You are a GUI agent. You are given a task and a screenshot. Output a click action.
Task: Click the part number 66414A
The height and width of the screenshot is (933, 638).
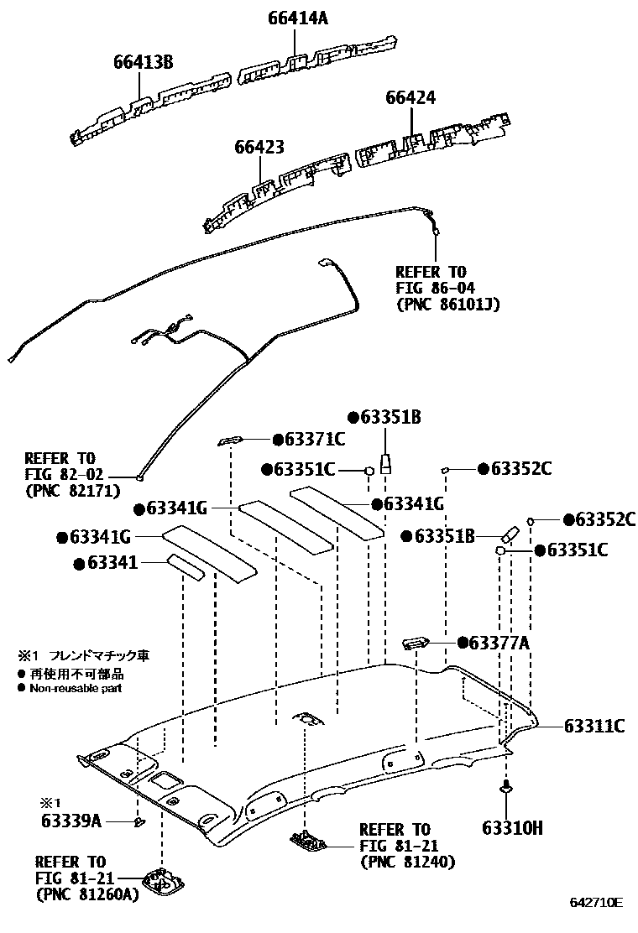(298, 18)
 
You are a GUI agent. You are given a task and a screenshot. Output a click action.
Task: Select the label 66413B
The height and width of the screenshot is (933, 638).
(144, 61)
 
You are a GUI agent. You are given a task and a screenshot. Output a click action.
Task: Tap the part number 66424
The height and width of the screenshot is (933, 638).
(411, 97)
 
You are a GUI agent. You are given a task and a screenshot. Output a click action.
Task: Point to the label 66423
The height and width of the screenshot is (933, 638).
(259, 147)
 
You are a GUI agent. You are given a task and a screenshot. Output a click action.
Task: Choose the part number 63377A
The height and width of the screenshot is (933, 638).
(499, 643)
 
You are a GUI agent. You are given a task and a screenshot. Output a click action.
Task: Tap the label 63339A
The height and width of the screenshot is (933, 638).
(71, 821)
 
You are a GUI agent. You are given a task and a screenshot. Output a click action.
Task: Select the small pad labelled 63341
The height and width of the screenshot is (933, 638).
(185, 566)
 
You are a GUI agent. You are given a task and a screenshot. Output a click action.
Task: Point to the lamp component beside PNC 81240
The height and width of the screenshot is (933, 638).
(309, 839)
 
